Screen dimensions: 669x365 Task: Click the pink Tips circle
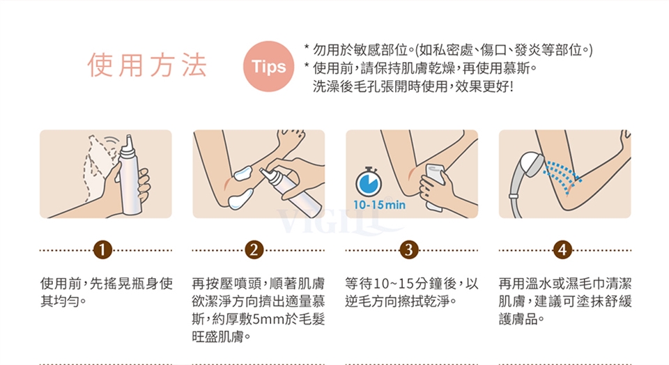click(268, 66)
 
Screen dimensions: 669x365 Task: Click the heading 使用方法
click(147, 65)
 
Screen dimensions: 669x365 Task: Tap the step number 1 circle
click(102, 249)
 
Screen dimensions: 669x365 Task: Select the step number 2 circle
click(254, 249)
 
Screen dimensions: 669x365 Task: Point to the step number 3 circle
click(409, 249)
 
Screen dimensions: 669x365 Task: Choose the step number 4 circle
click(562, 249)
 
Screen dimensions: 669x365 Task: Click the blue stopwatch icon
click(369, 182)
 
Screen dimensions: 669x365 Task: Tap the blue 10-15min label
click(379, 205)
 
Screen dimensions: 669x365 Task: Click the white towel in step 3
click(434, 187)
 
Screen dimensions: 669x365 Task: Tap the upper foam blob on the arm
click(244, 173)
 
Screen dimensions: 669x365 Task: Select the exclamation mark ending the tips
click(511, 86)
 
